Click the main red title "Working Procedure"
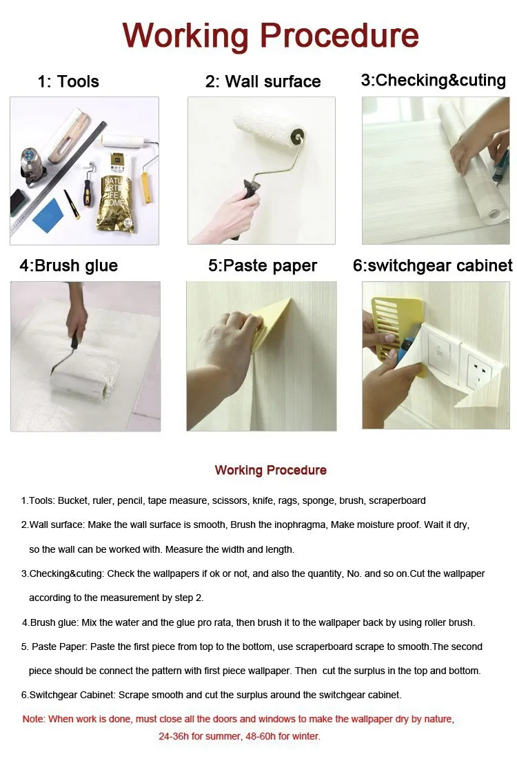270,36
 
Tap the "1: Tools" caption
68,81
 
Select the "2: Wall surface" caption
263,81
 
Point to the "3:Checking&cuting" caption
434,80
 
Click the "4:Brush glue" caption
69,265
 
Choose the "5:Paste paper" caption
263,265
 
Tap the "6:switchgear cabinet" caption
433,265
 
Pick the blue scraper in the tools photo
48,214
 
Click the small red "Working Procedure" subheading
271,470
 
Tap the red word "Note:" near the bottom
34,719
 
